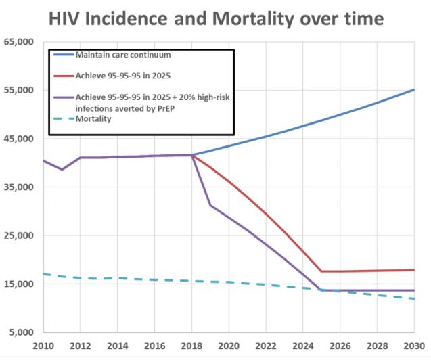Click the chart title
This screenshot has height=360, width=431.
coord(216,18)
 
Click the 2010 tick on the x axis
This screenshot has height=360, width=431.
coord(44,345)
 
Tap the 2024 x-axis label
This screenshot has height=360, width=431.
coord(303,345)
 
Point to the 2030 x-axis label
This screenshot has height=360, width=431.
coord(414,345)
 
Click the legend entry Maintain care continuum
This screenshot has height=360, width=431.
coord(122,54)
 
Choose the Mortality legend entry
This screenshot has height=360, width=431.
coord(93,119)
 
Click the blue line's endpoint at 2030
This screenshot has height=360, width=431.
coord(414,90)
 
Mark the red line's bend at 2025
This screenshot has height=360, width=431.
coord(321,271)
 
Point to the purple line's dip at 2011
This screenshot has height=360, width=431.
coord(62,169)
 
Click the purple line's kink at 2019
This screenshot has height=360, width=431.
coord(210,205)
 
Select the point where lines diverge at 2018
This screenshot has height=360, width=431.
coord(192,155)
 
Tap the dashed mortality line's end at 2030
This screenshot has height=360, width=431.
coord(414,299)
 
